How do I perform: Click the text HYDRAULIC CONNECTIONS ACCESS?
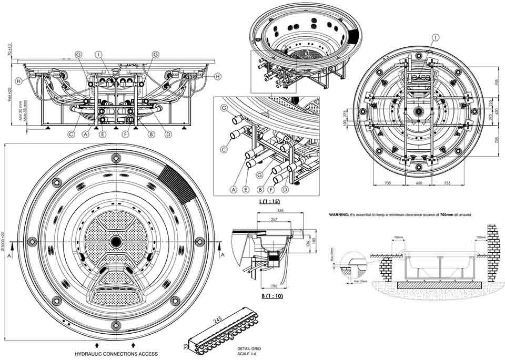(x=116, y=354)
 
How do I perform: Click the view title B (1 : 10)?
(x=272, y=296)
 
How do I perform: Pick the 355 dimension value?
(x=281, y=211)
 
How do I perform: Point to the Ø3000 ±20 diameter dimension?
(x=4, y=241)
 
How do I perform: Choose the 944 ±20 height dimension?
(x=10, y=93)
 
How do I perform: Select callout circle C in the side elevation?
(x=71, y=134)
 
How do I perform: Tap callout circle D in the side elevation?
(x=168, y=134)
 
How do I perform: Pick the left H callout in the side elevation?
(x=19, y=81)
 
